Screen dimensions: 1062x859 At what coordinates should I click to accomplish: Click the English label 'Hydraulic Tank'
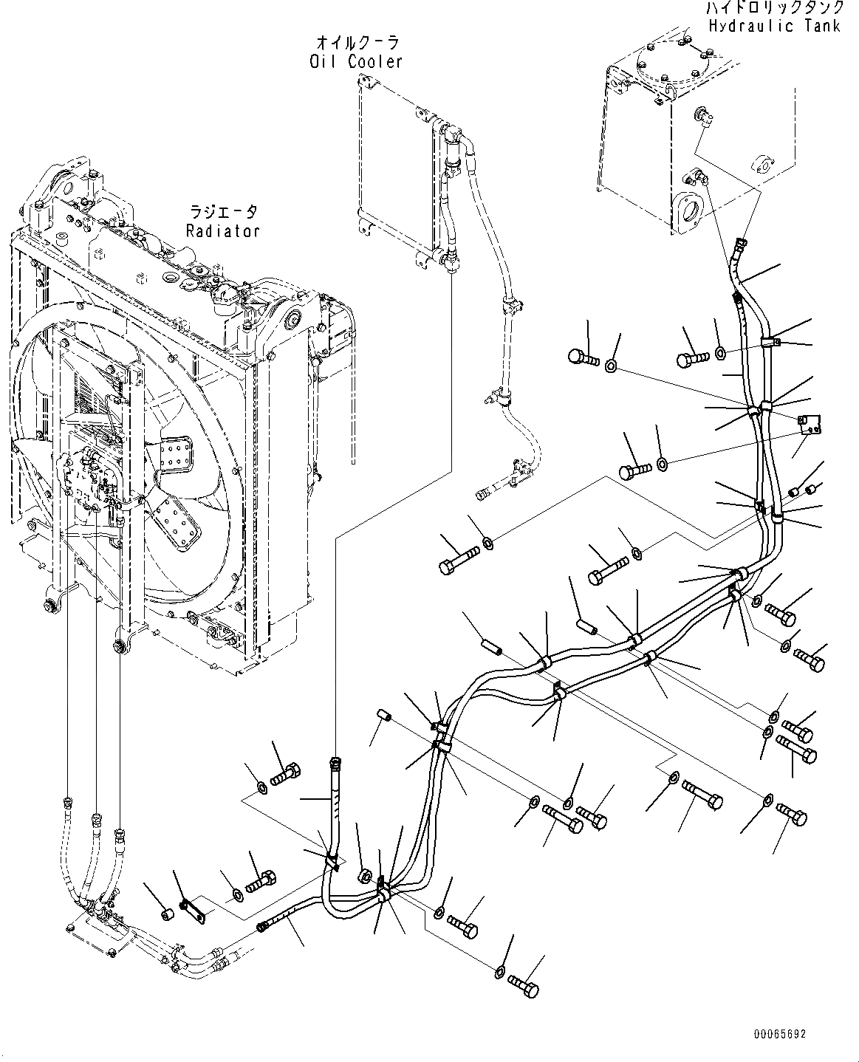(x=773, y=26)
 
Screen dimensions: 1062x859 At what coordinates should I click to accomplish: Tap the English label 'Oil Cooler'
(x=356, y=61)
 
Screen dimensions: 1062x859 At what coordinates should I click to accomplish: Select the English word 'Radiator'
(x=222, y=230)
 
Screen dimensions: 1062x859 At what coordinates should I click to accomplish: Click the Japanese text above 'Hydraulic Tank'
(x=773, y=8)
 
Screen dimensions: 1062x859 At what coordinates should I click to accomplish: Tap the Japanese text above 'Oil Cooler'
(x=356, y=43)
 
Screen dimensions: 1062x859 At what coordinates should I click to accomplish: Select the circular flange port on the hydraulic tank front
(x=691, y=214)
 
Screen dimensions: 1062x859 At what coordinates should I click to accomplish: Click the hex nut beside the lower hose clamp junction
(x=365, y=877)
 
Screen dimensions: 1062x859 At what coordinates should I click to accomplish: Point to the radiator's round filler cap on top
(x=173, y=279)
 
